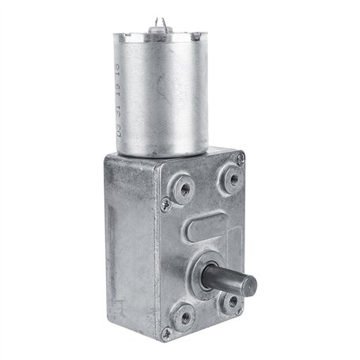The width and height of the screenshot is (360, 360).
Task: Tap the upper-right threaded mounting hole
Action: pyautogui.click(x=231, y=177)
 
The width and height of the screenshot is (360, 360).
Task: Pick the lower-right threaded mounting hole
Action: pyautogui.click(x=231, y=301)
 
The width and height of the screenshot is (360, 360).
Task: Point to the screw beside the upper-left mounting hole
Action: pyautogui.click(x=165, y=203)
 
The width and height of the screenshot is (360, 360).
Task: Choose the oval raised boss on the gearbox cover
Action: pyautogui.click(x=207, y=229)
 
